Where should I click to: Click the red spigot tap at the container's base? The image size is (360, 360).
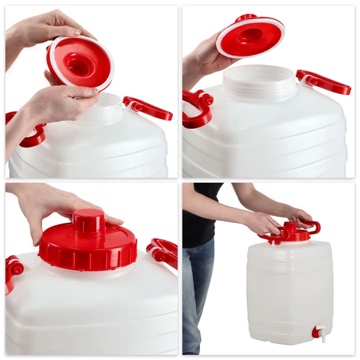[316, 331]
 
